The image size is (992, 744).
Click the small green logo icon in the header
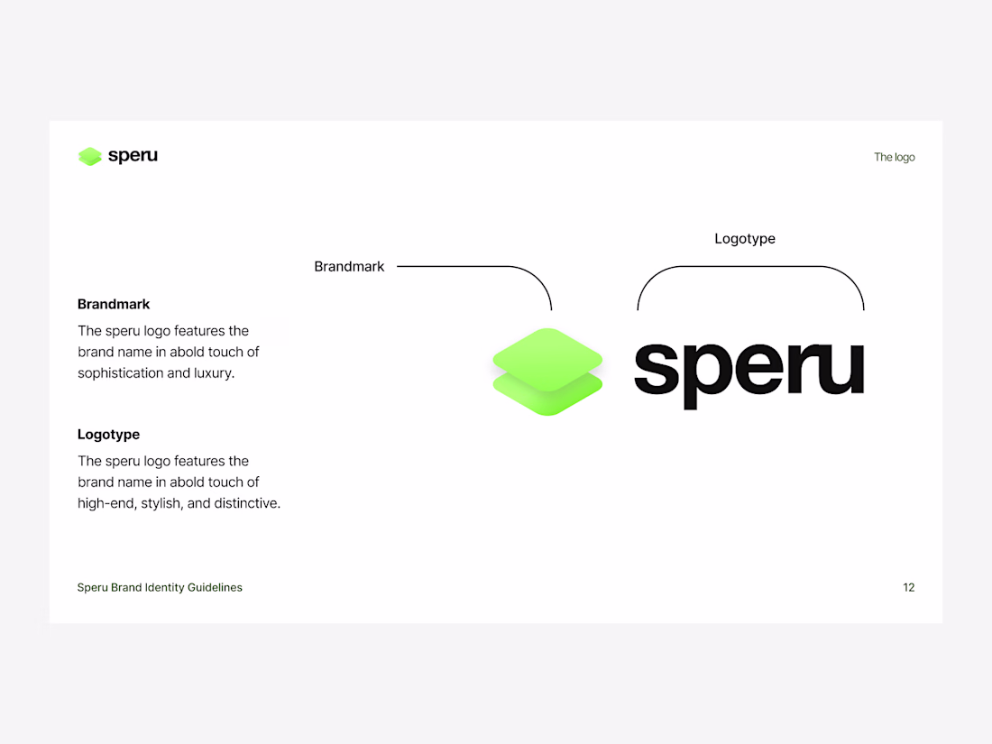point(90,156)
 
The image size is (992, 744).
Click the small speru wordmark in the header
point(133,156)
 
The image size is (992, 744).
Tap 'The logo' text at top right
point(894,157)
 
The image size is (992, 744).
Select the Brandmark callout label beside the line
point(349,266)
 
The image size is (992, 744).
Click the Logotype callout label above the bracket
point(745,239)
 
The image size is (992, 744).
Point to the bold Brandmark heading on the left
point(114,304)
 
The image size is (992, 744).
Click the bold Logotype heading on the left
point(109,435)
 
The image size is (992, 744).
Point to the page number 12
point(908,588)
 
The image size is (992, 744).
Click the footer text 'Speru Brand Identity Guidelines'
point(160,588)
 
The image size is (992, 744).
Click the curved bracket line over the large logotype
point(750,266)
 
